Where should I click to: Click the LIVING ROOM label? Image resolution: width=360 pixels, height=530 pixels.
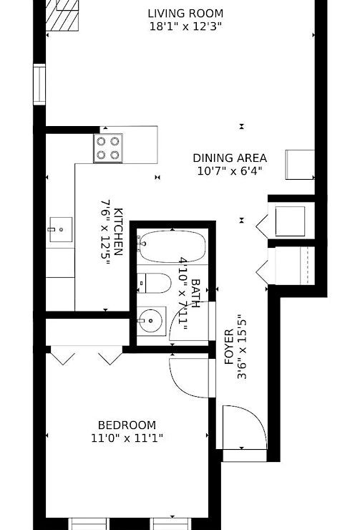click(x=185, y=14)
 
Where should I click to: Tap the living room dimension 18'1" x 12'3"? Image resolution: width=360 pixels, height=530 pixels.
click(x=185, y=26)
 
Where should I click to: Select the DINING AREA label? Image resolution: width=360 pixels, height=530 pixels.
click(x=230, y=158)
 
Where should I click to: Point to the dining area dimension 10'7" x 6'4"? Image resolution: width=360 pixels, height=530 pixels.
click(x=230, y=171)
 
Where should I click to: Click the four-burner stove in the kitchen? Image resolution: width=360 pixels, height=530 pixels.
click(x=108, y=148)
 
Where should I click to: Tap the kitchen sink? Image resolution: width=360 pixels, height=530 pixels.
click(x=61, y=229)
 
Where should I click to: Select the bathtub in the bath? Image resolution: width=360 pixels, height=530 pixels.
click(x=172, y=246)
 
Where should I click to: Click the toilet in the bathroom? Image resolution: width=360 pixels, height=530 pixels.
click(x=154, y=283)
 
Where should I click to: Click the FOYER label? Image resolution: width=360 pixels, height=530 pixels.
click(x=229, y=347)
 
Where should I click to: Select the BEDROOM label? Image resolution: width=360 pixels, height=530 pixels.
click(x=127, y=425)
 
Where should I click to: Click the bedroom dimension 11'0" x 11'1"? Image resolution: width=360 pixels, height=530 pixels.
click(x=127, y=438)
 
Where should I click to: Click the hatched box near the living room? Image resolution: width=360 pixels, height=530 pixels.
click(x=62, y=16)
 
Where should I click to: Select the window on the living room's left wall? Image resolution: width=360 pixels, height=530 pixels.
click(x=39, y=85)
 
